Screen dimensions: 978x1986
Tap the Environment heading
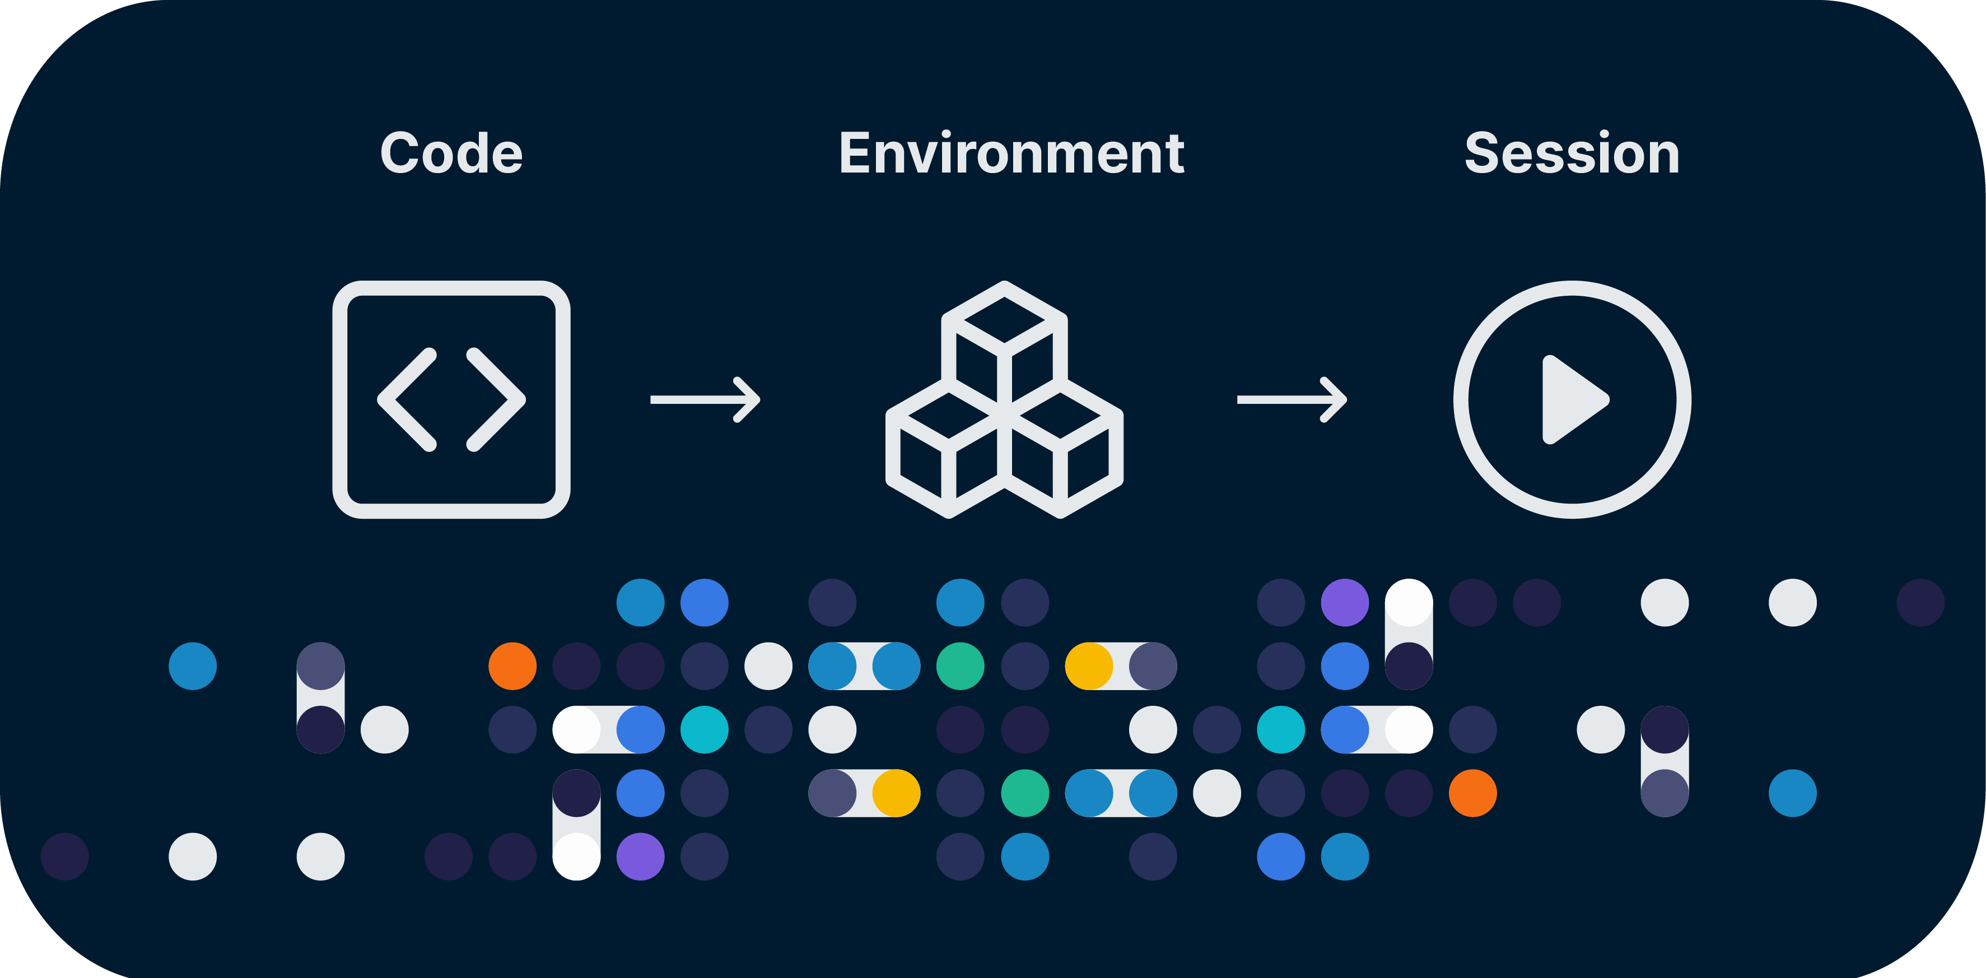tap(1011, 153)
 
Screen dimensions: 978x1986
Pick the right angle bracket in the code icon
tap(496, 399)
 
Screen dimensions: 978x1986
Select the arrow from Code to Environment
tap(706, 399)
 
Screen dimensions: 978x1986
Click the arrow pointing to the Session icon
tap(1292, 399)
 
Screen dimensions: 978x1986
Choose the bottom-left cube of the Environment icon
tap(948, 455)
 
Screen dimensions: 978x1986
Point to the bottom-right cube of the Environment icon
tap(1061, 455)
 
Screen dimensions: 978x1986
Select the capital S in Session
tap(1482, 153)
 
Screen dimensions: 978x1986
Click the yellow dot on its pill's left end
tap(1089, 665)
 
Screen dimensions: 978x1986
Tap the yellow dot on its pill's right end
tap(896, 793)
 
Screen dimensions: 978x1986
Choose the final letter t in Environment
tap(1174, 154)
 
